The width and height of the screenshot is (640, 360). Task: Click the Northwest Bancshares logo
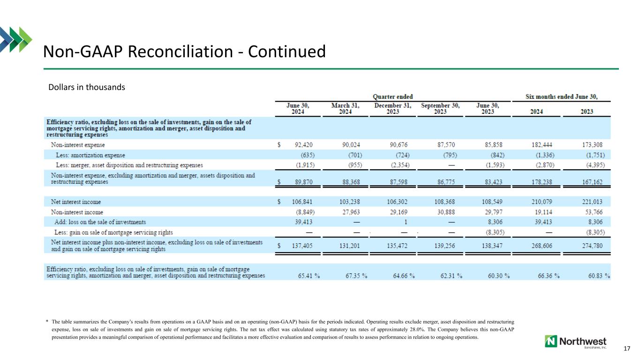pos(575,342)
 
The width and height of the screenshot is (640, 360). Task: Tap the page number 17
pos(627,349)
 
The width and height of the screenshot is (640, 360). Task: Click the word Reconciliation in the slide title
pos(181,52)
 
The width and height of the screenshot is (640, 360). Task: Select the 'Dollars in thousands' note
pos(87,87)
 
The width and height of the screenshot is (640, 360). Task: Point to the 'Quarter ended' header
pos(393,97)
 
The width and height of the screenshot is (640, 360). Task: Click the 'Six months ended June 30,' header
pos(561,97)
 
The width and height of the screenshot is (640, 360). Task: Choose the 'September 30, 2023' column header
pos(440,109)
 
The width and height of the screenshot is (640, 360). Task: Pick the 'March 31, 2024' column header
pos(345,109)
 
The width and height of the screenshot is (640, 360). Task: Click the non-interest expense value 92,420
pos(303,145)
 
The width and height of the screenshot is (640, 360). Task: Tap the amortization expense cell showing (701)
pos(355,155)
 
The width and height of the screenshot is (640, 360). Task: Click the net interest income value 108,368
pos(444,202)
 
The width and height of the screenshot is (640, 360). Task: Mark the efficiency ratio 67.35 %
pos(356,276)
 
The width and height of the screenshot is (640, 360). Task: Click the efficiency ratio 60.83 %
pos(599,276)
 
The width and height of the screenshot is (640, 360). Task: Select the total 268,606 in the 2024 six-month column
pos(542,246)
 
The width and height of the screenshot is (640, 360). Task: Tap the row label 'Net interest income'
pos(75,202)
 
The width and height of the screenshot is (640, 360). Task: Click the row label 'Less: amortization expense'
pos(90,155)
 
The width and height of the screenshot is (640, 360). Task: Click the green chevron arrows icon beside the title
pos(16,39)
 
